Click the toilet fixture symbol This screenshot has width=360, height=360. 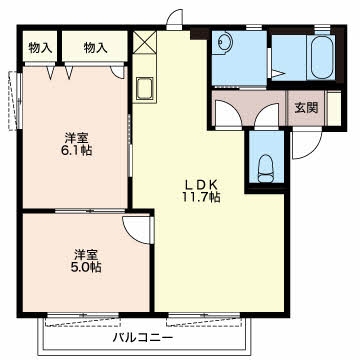coord(266,169)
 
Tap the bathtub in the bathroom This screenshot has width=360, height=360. coord(321,57)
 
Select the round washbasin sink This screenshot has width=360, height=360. coord(222,42)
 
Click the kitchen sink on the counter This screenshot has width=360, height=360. coord(144,88)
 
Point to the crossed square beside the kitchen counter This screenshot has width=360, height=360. coord(145,42)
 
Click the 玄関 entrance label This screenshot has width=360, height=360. coord(306,108)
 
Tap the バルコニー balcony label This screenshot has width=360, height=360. coord(143,338)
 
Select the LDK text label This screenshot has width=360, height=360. coord(200,184)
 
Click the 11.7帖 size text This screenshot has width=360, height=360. coord(201,197)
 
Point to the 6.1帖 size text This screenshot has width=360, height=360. coord(75,150)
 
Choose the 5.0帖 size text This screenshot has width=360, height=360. coord(86,267)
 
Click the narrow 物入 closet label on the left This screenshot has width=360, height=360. coord(40,48)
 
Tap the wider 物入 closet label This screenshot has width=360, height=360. coord(95,48)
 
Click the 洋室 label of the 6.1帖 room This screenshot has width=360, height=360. coord(76,138)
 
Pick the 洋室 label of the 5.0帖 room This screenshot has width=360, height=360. coord(86,255)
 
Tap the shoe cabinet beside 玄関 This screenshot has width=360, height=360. coord(334,108)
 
